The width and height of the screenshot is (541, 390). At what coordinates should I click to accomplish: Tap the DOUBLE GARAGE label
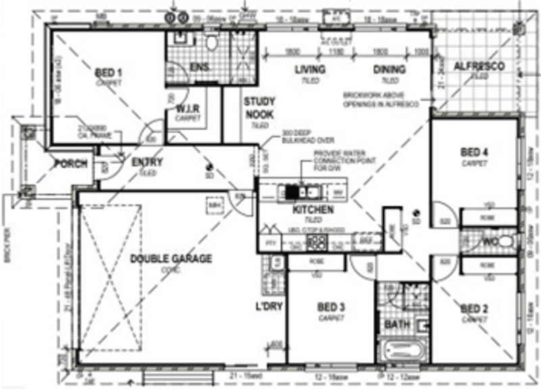click(171, 258)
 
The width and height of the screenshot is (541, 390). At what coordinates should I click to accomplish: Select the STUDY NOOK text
click(259, 107)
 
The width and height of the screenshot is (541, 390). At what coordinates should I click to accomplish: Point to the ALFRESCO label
click(479, 66)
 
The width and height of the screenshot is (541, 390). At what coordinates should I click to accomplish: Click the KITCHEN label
click(312, 210)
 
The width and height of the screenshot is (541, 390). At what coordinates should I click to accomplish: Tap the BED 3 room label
click(331, 308)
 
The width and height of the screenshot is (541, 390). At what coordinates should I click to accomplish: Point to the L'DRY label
click(269, 306)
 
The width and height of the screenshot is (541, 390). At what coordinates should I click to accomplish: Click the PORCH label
click(70, 164)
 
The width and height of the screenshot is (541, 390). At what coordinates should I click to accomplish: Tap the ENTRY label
click(147, 162)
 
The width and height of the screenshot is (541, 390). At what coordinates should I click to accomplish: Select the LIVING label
click(310, 70)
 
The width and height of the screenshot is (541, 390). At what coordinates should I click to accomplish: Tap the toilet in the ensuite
click(212, 44)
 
